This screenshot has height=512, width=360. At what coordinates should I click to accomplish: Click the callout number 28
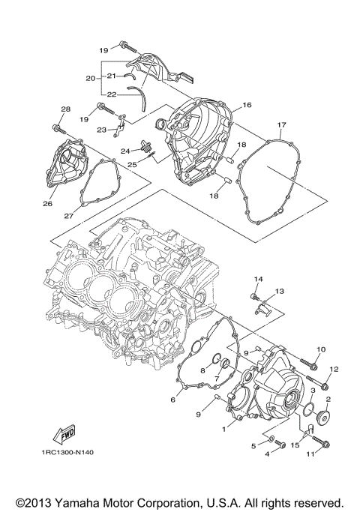pyautogui.click(x=65, y=109)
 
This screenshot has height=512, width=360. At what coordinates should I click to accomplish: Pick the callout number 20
pyautogui.click(x=90, y=78)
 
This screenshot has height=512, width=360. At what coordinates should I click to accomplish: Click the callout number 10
pyautogui.click(x=320, y=350)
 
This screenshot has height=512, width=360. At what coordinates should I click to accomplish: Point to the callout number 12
pyautogui.click(x=334, y=369)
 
